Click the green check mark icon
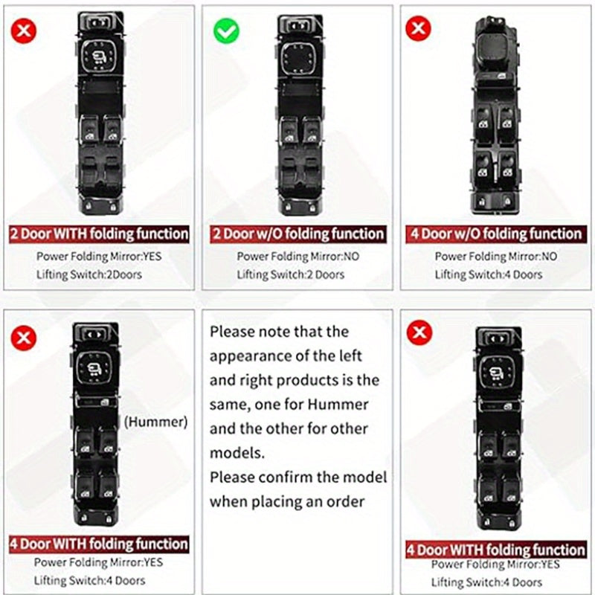[x=226, y=30]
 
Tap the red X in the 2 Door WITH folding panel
[x=24, y=30]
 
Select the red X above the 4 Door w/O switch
[x=418, y=28]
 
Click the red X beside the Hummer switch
[x=24, y=338]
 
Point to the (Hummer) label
[x=156, y=422]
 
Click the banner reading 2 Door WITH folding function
[x=99, y=234]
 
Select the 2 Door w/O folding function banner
[x=298, y=234]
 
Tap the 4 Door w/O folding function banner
[x=496, y=234]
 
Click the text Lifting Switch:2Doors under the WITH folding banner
[x=89, y=274]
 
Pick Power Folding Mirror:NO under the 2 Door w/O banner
[x=298, y=257]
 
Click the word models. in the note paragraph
[x=237, y=453]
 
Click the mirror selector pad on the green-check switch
[x=299, y=59]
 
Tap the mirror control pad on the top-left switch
[x=99, y=57]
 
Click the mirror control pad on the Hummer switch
[x=94, y=367]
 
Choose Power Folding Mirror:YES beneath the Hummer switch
[x=99, y=562]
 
